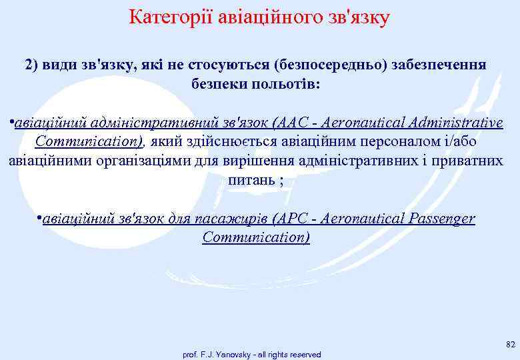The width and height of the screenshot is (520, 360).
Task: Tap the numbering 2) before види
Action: pos(33,65)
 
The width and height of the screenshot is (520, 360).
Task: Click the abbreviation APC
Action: pos(293,218)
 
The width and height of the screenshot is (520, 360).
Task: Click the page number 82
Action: pos(510,344)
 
